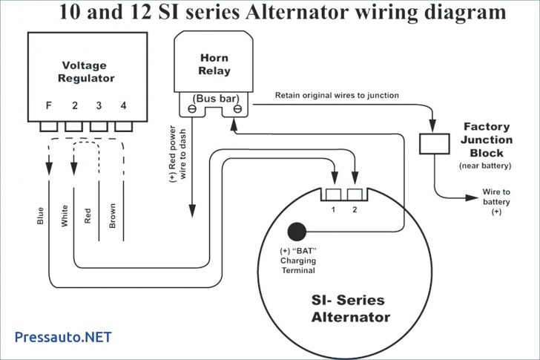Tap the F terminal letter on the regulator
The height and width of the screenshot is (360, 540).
pyautogui.click(x=49, y=106)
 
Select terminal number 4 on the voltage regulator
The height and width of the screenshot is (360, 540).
pyautogui.click(x=123, y=106)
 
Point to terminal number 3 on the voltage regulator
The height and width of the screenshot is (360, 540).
pyautogui.click(x=99, y=106)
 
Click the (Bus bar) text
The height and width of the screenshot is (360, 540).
pyautogui.click(x=214, y=97)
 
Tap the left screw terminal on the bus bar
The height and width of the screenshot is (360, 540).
pyautogui.click(x=192, y=109)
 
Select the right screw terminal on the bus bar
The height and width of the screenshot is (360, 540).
pyautogui.click(x=237, y=109)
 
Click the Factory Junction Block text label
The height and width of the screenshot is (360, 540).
pyautogui.click(x=487, y=140)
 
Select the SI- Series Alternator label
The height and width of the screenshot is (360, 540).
pyautogui.click(x=347, y=308)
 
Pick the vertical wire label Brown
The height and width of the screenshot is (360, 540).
pyautogui.click(x=112, y=215)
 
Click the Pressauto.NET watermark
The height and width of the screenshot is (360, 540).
pyautogui.click(x=63, y=337)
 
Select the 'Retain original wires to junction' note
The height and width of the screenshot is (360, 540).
pyautogui.click(x=337, y=95)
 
